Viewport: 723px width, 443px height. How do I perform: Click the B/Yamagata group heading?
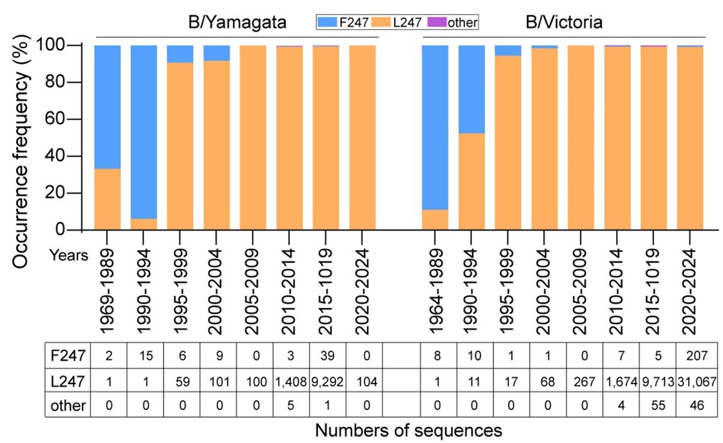pyautogui.click(x=235, y=22)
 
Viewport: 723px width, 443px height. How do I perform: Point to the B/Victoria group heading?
pyautogui.click(x=561, y=22)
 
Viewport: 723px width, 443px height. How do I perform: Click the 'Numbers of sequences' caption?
pyautogui.click(x=408, y=429)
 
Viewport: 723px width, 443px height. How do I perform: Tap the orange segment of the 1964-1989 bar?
pyautogui.click(x=435, y=219)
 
